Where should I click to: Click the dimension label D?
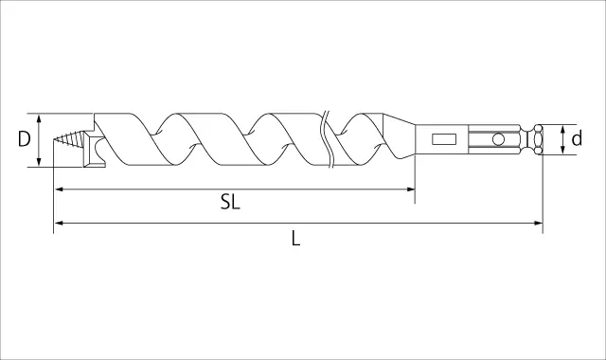click(24, 139)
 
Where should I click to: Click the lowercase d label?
click(577, 138)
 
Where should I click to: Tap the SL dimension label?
click(230, 202)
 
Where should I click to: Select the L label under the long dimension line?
click(295, 238)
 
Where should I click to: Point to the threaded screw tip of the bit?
click(68, 139)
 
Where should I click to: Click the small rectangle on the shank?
click(444, 139)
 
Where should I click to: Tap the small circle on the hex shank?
click(498, 139)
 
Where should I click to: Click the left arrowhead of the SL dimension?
click(59, 189)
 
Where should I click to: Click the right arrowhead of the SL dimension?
click(410, 189)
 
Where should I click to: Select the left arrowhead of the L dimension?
click(59, 223)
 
